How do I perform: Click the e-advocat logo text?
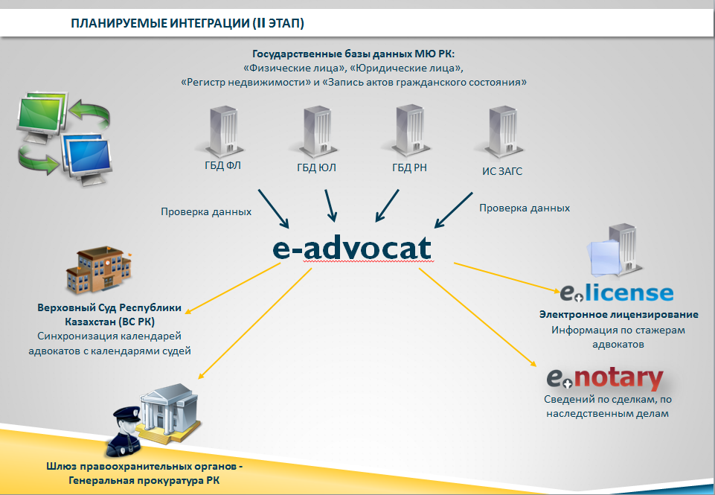click(352, 249)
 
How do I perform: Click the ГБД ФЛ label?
click(222, 165)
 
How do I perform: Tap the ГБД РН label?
click(409, 167)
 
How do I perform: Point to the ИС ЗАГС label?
click(502, 171)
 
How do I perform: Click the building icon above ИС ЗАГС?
click(501, 132)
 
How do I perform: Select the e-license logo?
click(617, 293)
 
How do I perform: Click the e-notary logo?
click(605, 378)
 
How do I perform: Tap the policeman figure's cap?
click(126, 414)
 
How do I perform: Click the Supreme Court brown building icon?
click(99, 269)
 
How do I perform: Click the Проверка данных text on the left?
click(206, 211)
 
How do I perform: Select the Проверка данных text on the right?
click(525, 208)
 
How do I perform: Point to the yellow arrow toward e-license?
click(507, 278)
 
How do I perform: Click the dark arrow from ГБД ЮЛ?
click(330, 205)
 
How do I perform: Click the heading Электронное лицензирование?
click(619, 314)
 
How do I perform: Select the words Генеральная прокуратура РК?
click(144, 480)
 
